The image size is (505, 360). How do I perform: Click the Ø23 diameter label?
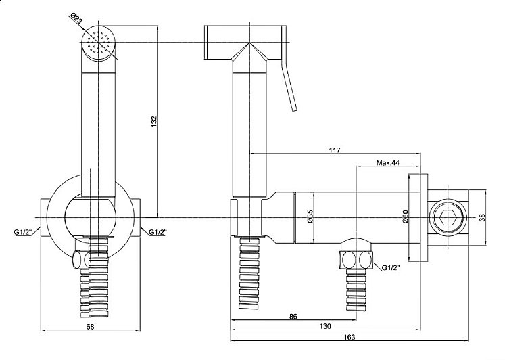(x=76, y=19)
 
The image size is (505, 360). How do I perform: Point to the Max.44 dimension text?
(x=388, y=162)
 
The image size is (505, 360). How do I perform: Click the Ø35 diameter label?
(x=310, y=216)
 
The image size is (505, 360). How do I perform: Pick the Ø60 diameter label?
(x=405, y=217)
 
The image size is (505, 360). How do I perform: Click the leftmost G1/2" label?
(x=22, y=233)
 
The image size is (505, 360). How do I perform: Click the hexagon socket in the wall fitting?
(x=448, y=217)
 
